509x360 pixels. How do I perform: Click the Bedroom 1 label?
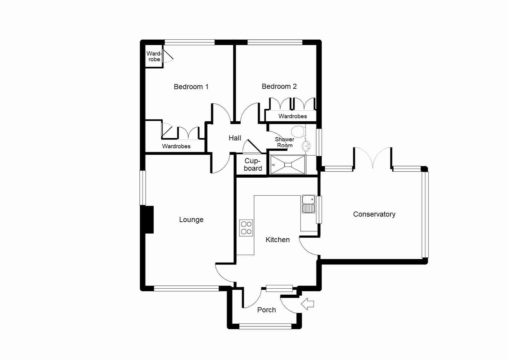191,87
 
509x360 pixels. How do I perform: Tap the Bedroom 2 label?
279,86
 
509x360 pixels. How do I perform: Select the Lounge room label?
191,219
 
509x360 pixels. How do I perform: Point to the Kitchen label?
278,240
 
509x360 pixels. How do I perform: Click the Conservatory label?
374,214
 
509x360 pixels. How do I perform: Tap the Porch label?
267,310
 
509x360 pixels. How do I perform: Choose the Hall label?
235,138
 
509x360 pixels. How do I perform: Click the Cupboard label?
252,165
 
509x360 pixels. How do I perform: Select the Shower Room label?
285,142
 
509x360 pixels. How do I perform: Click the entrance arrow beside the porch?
308,304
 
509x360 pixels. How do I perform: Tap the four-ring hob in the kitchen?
246,228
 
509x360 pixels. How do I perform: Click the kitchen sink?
308,204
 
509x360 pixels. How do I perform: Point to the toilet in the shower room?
298,131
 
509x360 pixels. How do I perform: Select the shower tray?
288,165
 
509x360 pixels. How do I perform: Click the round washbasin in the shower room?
306,146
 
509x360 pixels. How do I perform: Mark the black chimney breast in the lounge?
149,219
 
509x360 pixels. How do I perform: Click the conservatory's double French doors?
373,158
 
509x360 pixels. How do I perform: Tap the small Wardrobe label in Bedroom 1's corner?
154,57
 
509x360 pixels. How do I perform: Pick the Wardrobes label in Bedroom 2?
293,116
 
